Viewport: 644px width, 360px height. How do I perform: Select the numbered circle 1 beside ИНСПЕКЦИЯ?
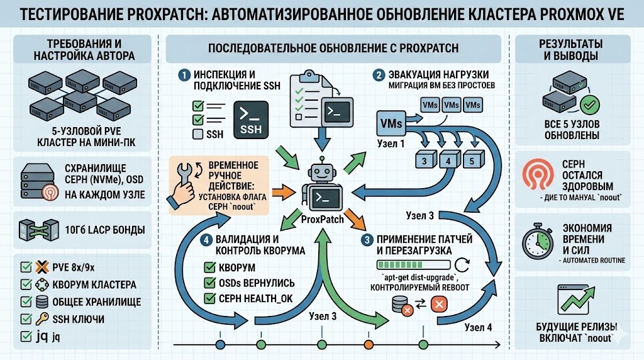[184, 75]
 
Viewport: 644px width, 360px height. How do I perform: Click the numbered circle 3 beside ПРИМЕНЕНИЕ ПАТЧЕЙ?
[366, 239]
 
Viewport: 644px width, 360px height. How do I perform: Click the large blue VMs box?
[391, 124]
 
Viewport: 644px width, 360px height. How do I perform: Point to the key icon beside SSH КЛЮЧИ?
[43, 318]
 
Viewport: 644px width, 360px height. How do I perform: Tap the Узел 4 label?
[480, 327]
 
